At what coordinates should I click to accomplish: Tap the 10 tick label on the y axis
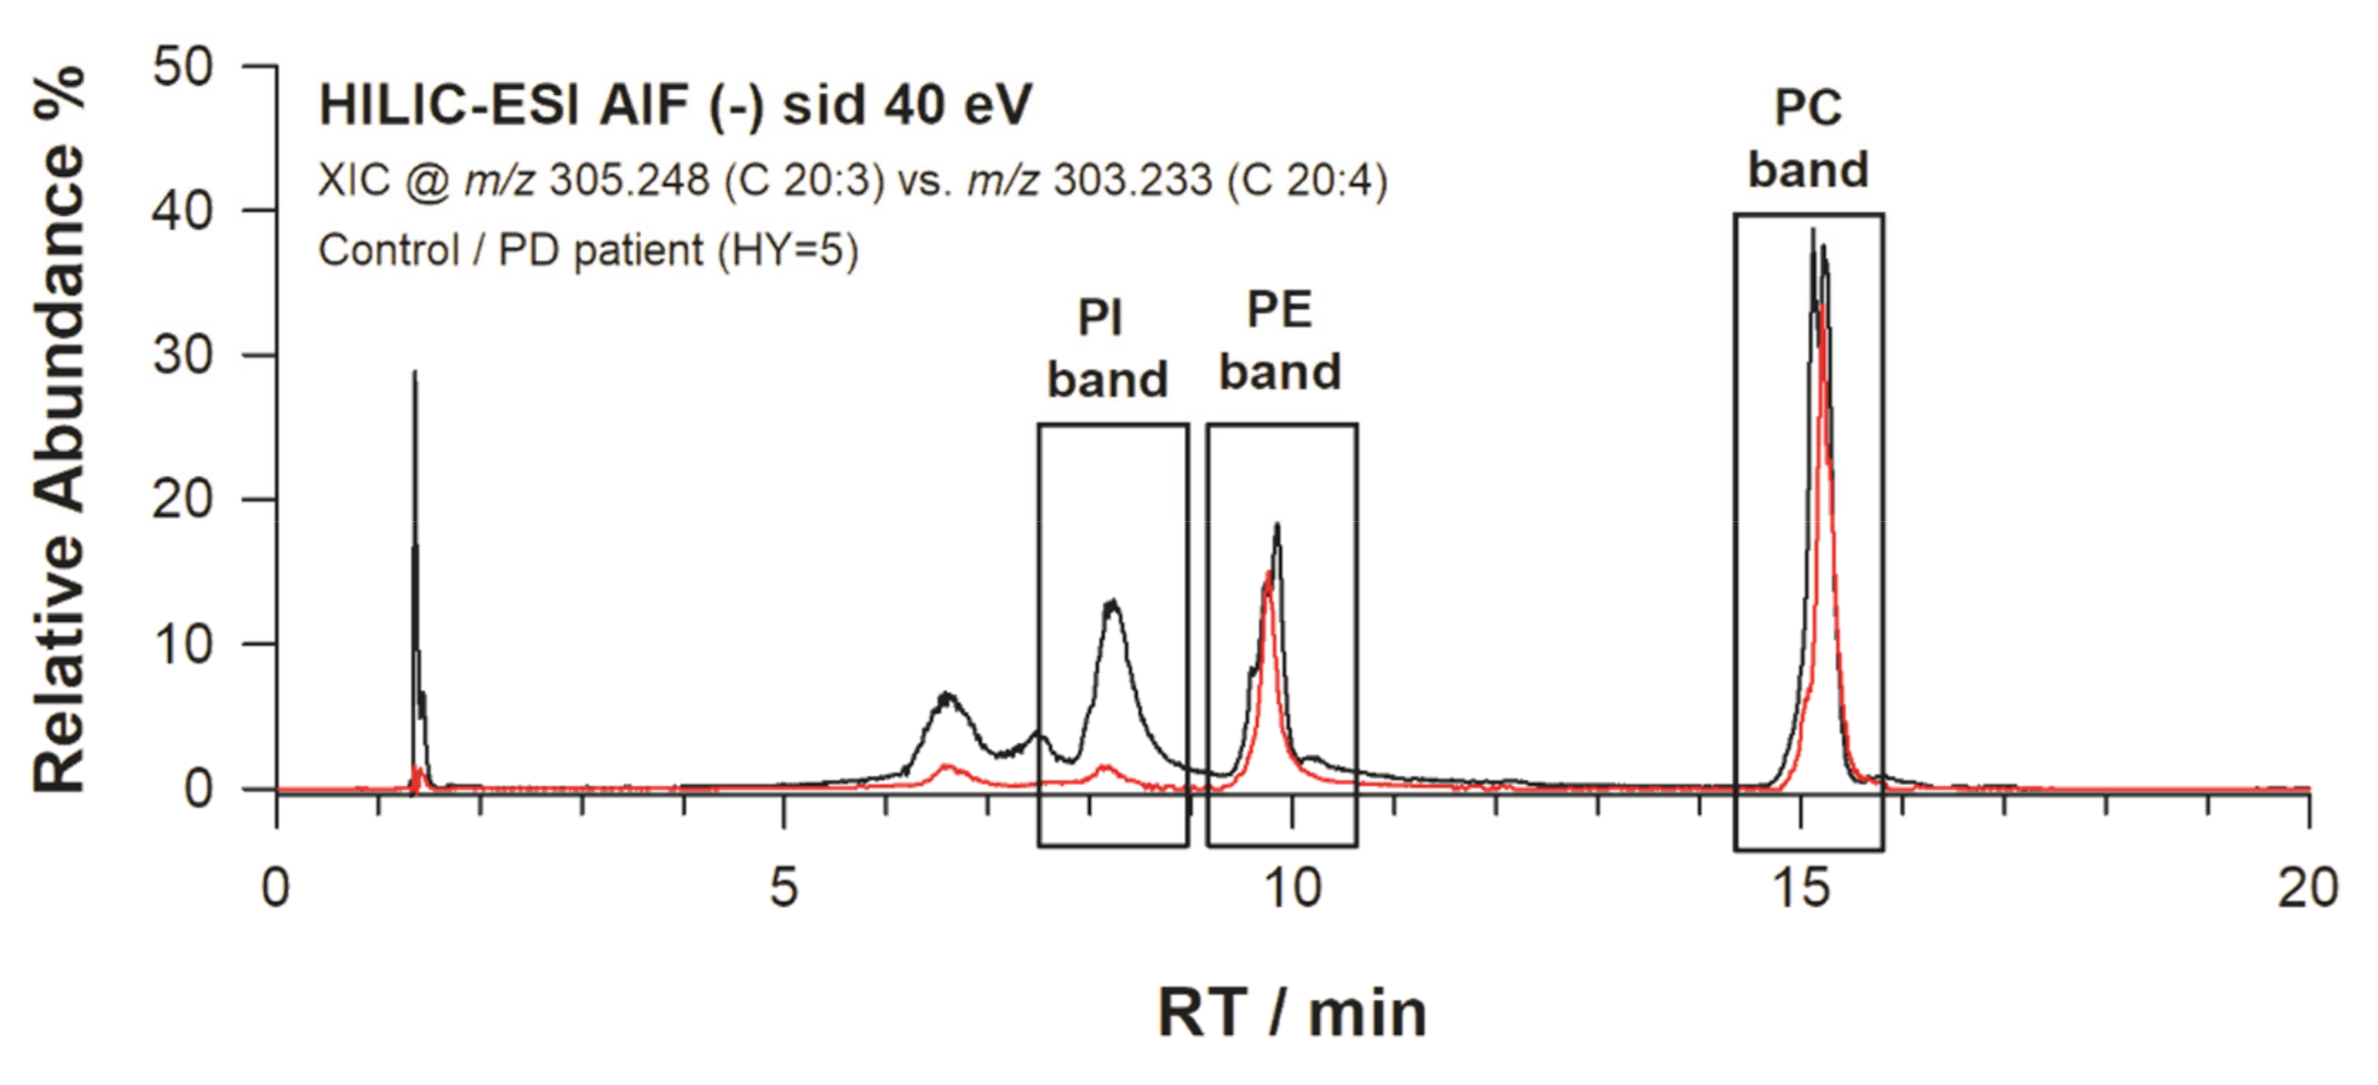click(182, 643)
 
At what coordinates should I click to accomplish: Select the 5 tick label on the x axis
click(783, 888)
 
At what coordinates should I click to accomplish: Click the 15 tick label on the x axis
click(1800, 888)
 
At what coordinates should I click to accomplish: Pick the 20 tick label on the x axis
click(2307, 888)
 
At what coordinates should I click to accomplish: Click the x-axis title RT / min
click(1293, 1014)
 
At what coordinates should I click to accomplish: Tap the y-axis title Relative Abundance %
click(59, 429)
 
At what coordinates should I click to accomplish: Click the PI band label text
click(1107, 349)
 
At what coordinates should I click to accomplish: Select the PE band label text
click(1280, 340)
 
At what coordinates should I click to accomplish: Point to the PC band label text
click(1808, 139)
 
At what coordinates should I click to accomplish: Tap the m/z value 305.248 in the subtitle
click(629, 179)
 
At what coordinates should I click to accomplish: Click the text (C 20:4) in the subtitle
click(1306, 179)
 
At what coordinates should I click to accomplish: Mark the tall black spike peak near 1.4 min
click(414, 373)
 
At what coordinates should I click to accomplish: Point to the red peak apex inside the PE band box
click(1269, 574)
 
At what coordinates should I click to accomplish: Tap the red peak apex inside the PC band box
click(1820, 305)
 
